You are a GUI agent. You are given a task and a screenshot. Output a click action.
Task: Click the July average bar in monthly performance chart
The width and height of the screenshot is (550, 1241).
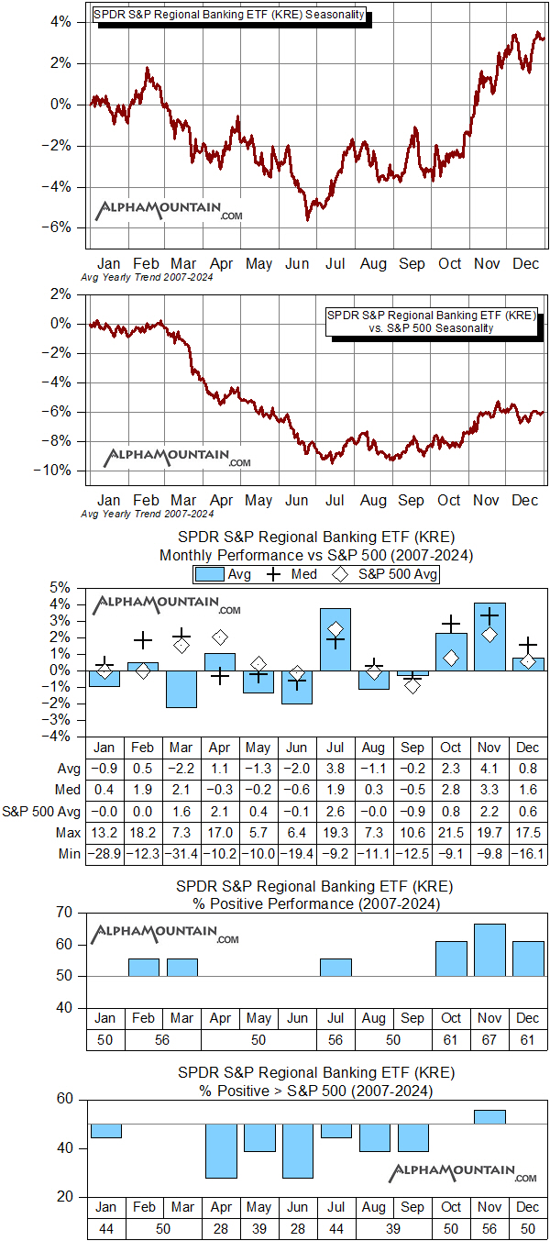(x=335, y=638)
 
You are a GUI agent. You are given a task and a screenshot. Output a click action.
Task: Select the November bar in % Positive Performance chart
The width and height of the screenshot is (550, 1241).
(x=489, y=950)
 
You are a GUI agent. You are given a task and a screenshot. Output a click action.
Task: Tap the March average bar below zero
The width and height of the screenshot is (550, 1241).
(x=181, y=688)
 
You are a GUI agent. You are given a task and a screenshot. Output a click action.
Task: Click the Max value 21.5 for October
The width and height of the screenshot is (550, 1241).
(x=451, y=831)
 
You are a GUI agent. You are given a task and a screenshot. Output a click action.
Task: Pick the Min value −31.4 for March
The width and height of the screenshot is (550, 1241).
(x=181, y=852)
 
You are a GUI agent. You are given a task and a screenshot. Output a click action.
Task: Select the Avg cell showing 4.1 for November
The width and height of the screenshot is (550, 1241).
(x=489, y=768)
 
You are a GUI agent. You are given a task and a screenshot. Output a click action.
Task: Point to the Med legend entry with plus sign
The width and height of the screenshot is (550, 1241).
(x=291, y=574)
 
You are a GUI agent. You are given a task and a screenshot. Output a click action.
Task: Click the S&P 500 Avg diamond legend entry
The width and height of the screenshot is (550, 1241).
(x=385, y=574)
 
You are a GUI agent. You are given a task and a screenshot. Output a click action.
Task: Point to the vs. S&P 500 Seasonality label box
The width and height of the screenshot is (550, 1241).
(x=431, y=321)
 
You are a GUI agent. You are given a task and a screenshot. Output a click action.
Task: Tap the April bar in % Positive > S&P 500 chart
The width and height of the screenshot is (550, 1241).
(x=220, y=1150)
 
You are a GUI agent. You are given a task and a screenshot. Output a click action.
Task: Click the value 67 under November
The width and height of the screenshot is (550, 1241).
(x=489, y=1040)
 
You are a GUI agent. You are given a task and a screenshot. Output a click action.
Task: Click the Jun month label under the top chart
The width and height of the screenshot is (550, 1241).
(x=297, y=263)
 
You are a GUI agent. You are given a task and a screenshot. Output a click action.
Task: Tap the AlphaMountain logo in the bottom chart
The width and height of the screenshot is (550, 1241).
(x=463, y=1173)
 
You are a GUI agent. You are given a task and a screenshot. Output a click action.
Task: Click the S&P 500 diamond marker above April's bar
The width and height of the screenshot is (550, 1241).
(x=220, y=637)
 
